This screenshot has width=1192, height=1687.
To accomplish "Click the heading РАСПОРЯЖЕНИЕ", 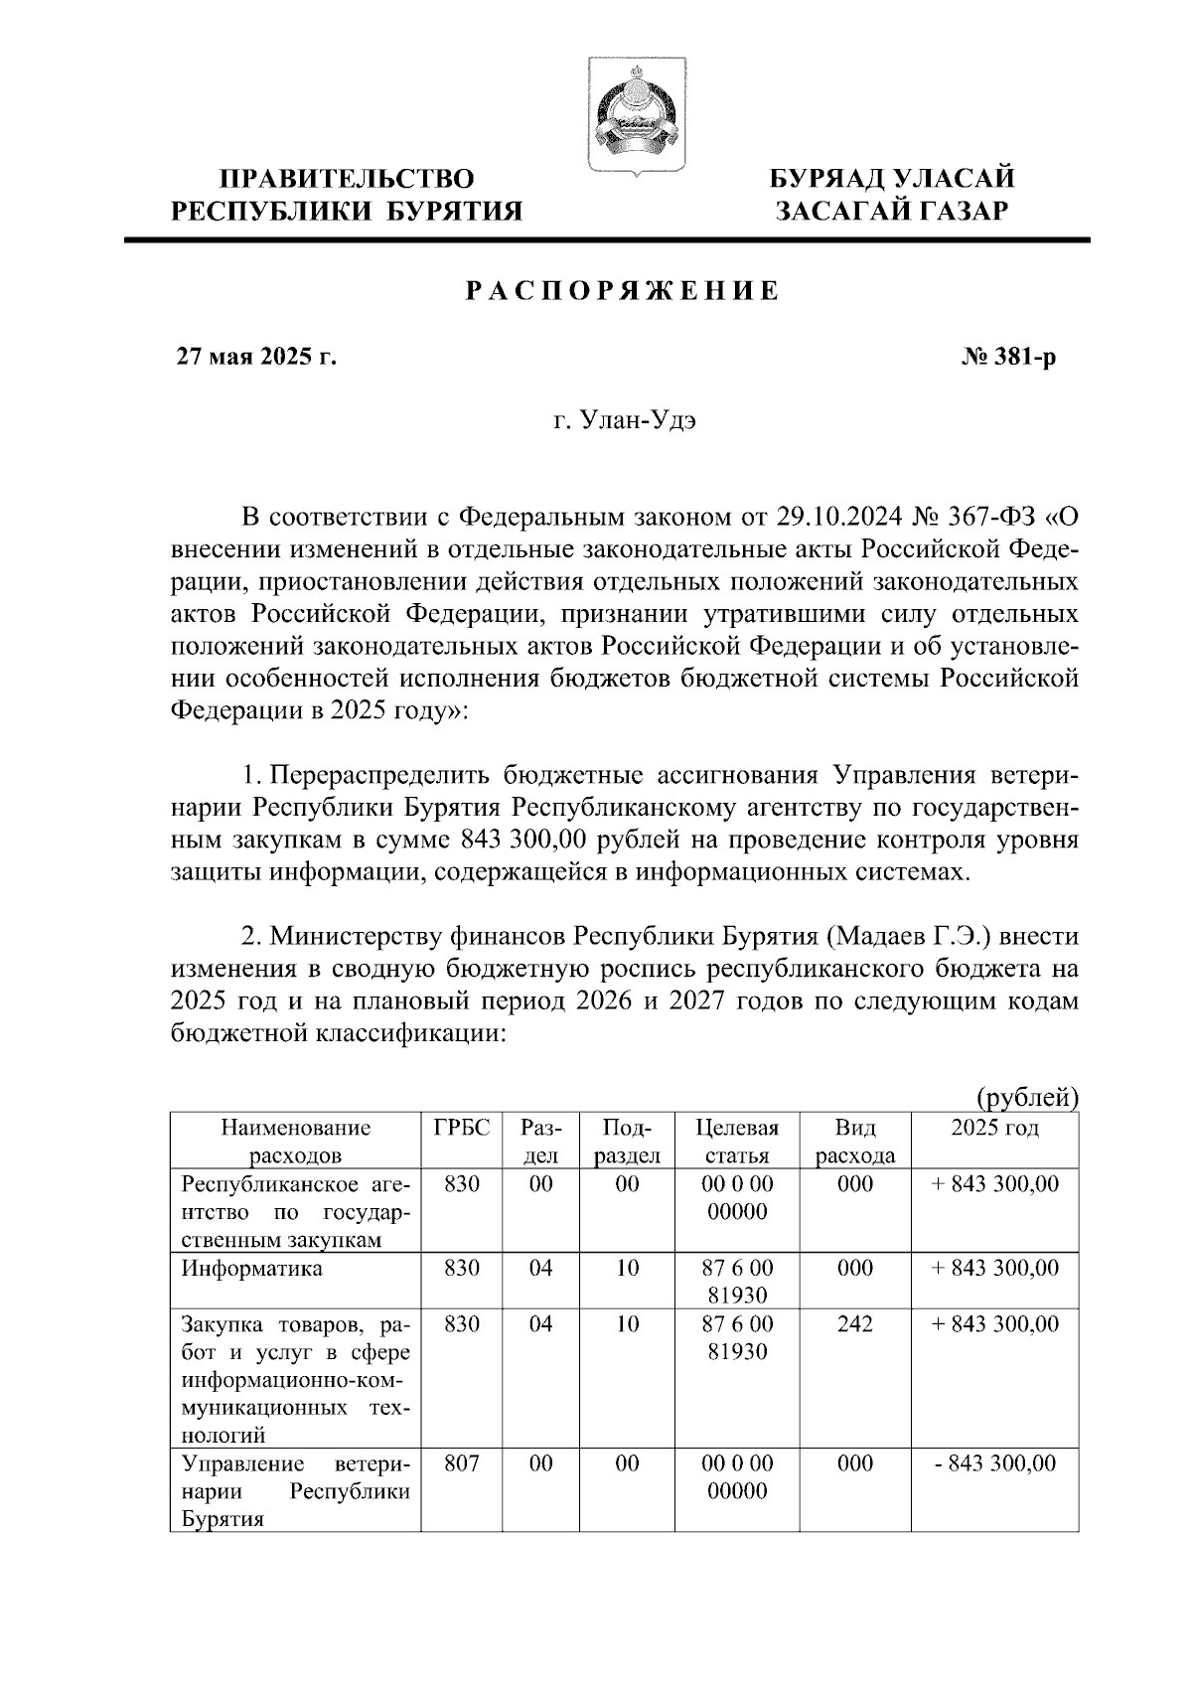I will (623, 292).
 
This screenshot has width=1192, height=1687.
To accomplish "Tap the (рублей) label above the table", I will (1027, 1098).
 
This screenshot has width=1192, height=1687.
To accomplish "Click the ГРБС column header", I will (462, 1128).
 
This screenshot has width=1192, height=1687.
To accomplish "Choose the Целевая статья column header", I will (737, 1141).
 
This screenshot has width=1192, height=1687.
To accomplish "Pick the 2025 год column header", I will (994, 1128).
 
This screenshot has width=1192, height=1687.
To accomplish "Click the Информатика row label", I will (251, 1269).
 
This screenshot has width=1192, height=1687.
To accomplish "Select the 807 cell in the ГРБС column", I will (462, 1463).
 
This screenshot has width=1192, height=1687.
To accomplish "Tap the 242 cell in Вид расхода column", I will (854, 1324).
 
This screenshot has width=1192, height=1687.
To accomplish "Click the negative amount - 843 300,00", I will (995, 1463).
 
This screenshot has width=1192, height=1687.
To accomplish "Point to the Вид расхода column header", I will (854, 1141).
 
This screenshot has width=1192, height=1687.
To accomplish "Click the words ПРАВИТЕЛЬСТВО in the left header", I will (347, 179).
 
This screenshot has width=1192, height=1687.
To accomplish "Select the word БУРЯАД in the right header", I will (828, 179).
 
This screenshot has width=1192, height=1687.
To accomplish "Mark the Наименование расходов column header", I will (296, 1141).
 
